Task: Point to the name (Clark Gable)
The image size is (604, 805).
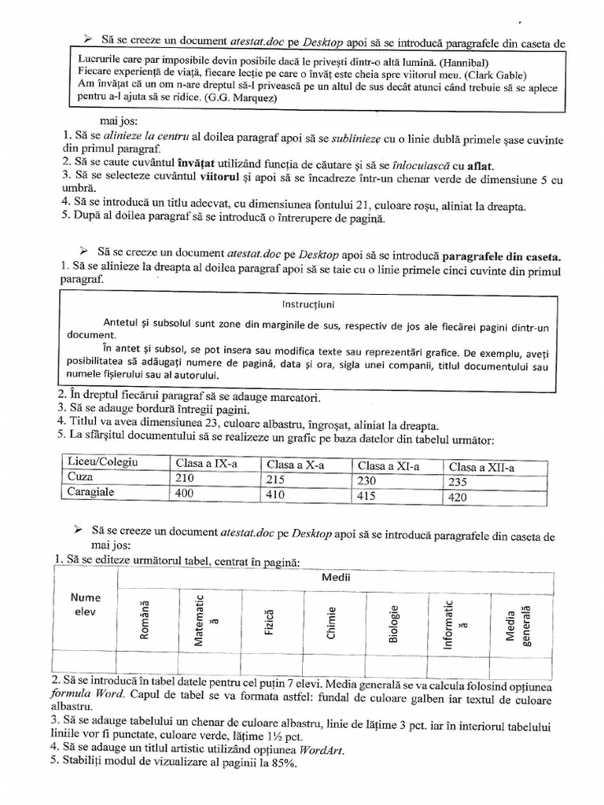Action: click(x=489, y=75)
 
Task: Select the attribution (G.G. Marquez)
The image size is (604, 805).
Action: click(x=239, y=100)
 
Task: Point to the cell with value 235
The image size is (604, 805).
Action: click(x=459, y=482)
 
